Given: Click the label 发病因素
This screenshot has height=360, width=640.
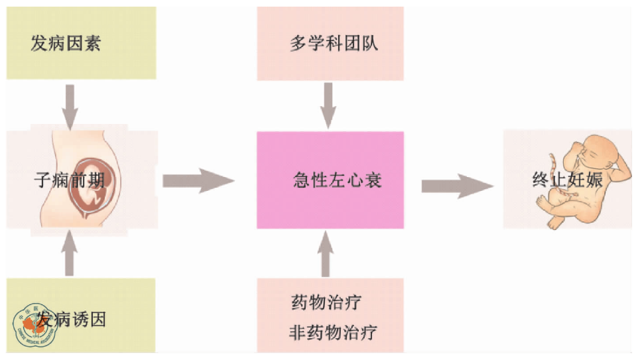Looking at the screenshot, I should click(x=65, y=44).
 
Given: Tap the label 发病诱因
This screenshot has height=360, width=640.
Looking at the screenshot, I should click(x=72, y=320).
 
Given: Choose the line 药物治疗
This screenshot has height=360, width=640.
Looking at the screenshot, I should click(x=326, y=303).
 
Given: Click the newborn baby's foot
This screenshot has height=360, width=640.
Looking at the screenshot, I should click(x=556, y=223).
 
